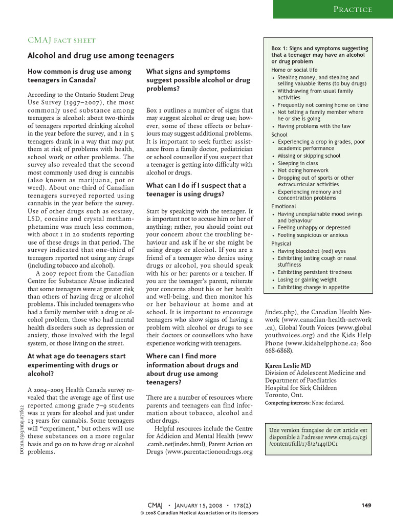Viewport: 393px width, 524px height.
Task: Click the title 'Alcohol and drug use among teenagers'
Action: pyautogui.click(x=101, y=55)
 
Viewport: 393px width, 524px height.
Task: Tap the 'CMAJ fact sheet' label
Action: pyautogui.click(x=61, y=40)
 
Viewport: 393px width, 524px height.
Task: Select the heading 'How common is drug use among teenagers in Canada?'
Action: pyautogui.click(x=79, y=76)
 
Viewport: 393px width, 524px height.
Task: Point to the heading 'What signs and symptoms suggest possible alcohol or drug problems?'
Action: pyautogui.click(x=198, y=80)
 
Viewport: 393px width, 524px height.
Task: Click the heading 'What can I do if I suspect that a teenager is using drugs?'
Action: pyautogui.click(x=196, y=190)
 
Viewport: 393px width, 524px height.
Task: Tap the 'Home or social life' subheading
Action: pyautogui.click(x=294, y=70)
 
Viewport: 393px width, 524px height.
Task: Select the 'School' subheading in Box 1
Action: pyautogui.click(x=279, y=135)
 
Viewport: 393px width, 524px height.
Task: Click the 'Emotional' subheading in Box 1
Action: pyautogui.click(x=283, y=206)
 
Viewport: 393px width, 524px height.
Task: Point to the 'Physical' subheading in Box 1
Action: pyautogui.click(x=281, y=244)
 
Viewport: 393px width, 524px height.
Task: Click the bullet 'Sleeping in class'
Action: pyautogui.click(x=297, y=163)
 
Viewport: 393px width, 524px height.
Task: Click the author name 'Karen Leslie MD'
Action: pyautogui.click(x=288, y=366)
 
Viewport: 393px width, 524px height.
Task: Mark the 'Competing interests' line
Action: pyautogui.click(x=304, y=403)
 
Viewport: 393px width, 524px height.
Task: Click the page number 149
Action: pyautogui.click(x=366, y=505)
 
